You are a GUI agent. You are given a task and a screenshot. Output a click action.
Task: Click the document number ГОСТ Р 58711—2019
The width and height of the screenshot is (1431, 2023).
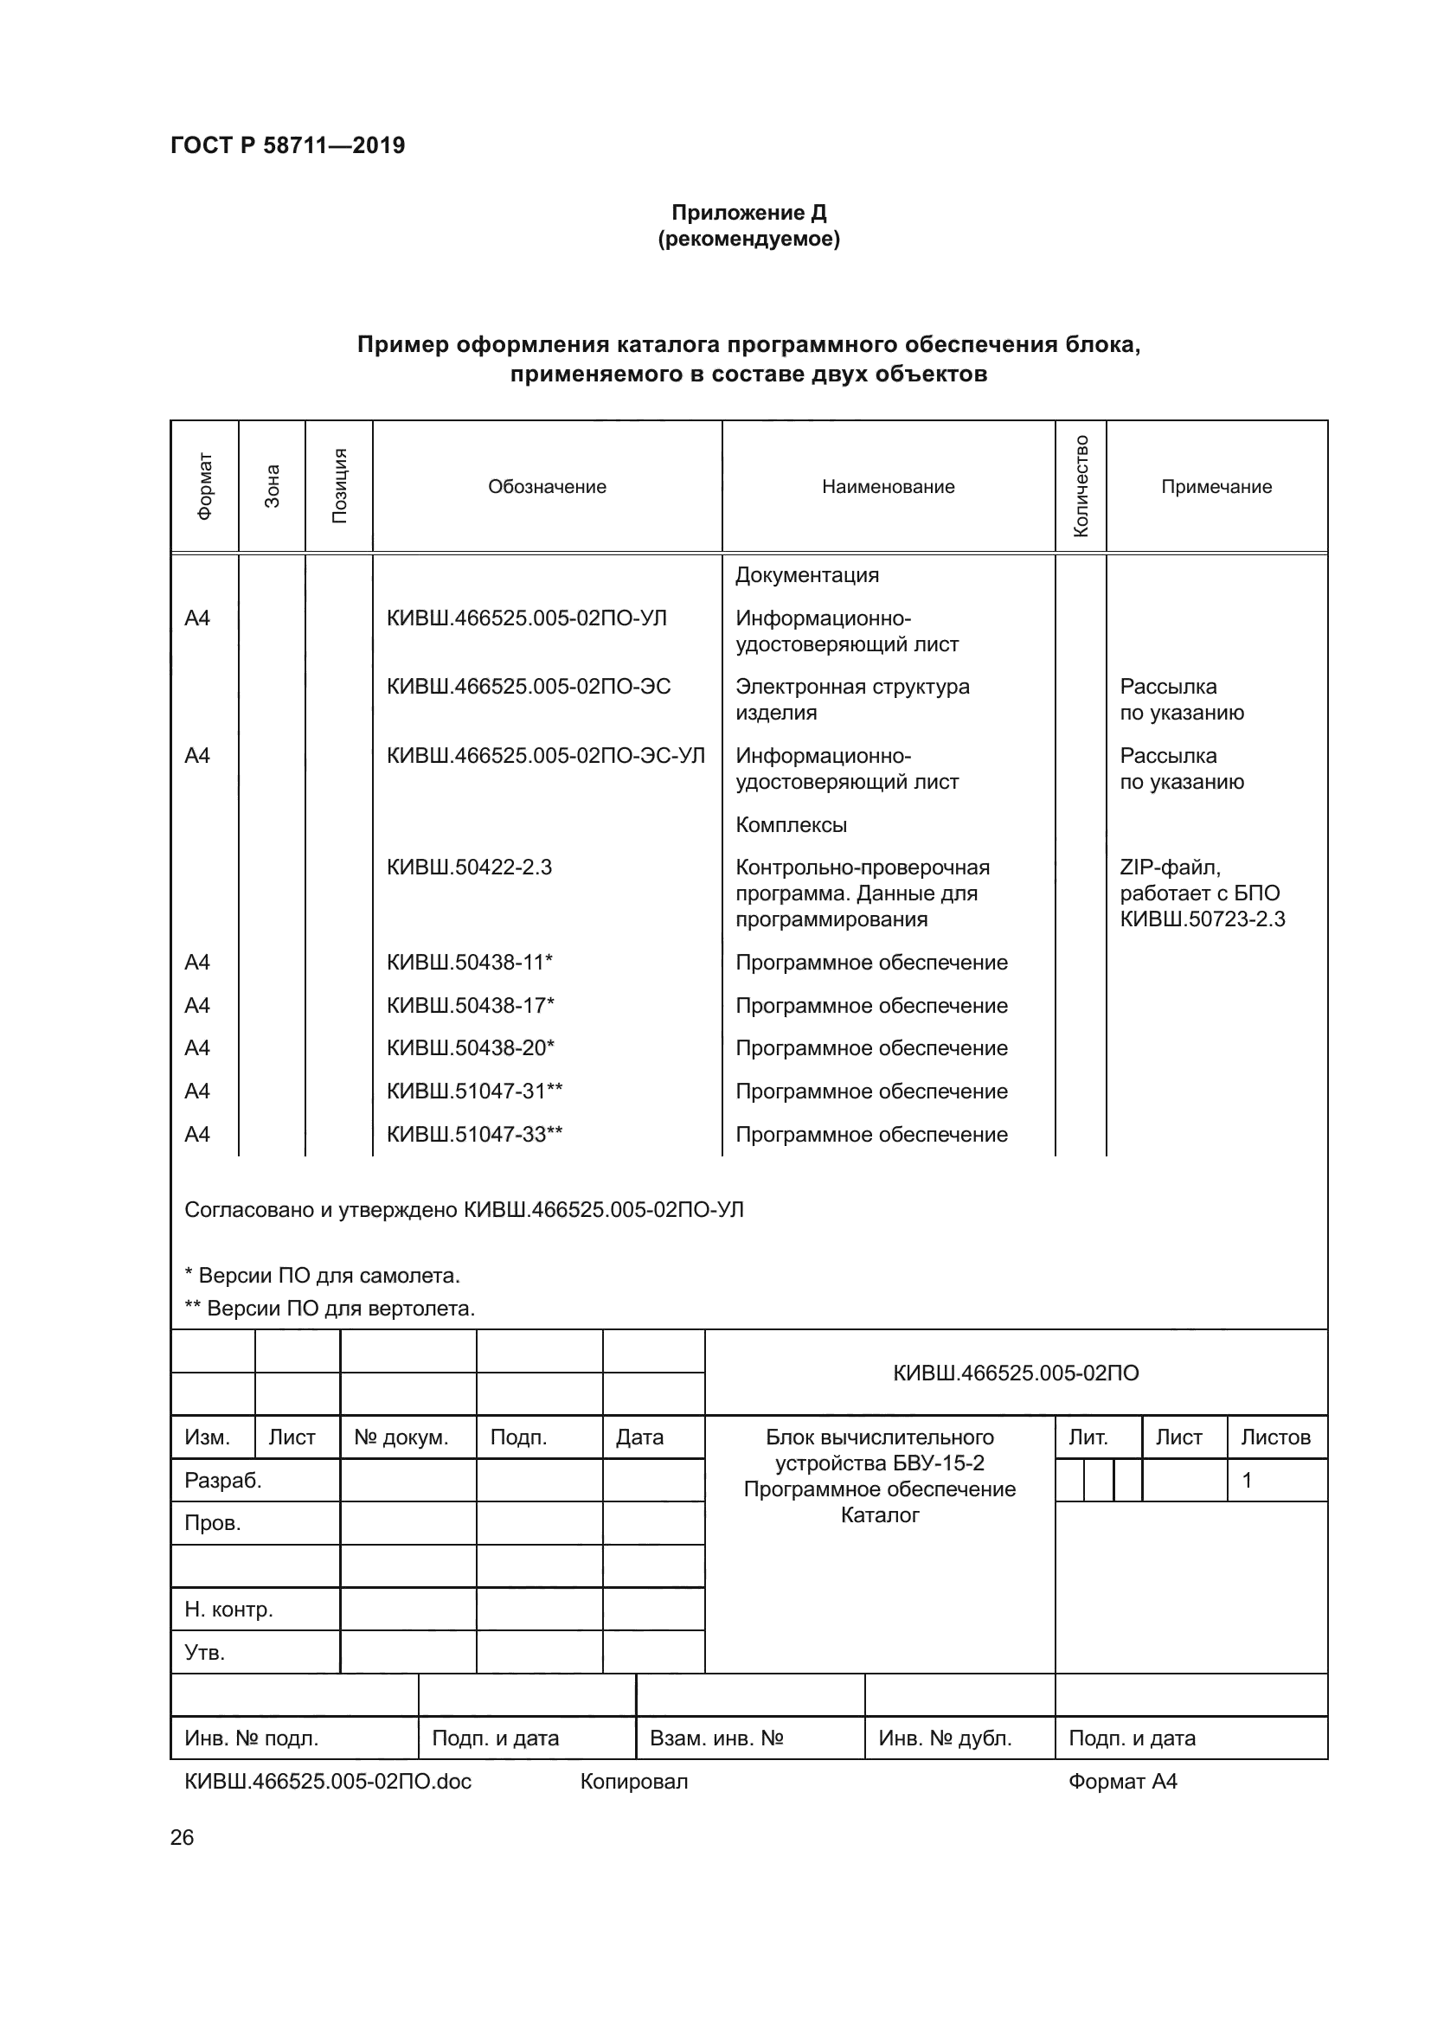click(287, 145)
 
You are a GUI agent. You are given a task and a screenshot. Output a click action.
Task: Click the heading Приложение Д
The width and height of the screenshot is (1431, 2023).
click(748, 213)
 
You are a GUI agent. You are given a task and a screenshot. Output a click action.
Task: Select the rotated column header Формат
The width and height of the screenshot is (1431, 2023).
click(204, 486)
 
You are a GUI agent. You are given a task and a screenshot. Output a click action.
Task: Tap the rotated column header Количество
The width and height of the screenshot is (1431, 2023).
click(1081, 486)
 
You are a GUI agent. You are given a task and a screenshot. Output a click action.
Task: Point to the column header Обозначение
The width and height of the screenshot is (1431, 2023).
click(546, 486)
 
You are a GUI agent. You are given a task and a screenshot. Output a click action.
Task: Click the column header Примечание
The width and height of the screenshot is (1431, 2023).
click(1216, 486)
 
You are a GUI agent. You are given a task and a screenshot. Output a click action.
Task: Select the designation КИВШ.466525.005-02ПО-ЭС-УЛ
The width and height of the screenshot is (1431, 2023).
click(545, 755)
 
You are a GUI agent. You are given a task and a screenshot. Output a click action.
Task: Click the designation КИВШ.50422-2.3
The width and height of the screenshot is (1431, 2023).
click(469, 867)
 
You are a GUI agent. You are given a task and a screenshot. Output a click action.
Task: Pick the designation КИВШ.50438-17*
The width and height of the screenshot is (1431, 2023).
click(470, 1005)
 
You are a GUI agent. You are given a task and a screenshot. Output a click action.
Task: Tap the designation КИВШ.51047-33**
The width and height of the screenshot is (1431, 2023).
click(474, 1134)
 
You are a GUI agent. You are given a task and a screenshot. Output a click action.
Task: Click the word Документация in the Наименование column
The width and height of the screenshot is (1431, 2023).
click(806, 575)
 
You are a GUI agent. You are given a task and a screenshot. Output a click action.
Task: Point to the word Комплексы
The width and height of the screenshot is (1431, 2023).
click(791, 825)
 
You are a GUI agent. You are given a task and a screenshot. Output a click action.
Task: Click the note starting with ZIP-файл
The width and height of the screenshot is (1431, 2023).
click(1202, 893)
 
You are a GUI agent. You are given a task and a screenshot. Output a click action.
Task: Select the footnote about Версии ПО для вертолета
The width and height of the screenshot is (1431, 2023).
click(330, 1309)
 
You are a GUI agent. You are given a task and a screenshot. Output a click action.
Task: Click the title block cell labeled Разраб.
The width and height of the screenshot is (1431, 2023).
click(223, 1480)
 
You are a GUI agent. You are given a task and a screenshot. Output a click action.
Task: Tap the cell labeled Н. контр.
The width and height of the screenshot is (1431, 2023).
click(228, 1610)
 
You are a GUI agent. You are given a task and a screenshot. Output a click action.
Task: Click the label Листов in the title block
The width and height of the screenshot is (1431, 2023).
click(1275, 1437)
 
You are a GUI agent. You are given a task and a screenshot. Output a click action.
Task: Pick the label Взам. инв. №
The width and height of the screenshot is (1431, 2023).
click(715, 1738)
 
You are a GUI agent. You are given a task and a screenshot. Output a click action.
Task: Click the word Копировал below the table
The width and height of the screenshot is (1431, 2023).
click(633, 1782)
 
